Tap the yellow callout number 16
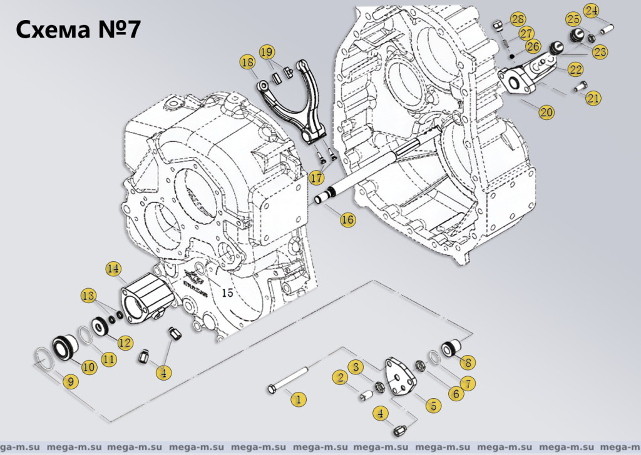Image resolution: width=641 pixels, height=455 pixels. (347, 219)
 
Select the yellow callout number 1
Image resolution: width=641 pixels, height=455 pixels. (298, 398)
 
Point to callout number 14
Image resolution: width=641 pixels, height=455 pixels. (113, 269)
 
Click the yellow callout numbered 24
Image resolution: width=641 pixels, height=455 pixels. (592, 11)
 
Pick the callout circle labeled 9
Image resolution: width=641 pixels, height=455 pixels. (69, 381)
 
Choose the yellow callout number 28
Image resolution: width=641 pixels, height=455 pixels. (518, 19)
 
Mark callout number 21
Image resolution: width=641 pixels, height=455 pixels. (593, 97)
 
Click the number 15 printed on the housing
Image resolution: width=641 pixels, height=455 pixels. (227, 292)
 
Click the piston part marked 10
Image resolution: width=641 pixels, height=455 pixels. (64, 346)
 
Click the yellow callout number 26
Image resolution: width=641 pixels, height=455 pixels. (533, 46)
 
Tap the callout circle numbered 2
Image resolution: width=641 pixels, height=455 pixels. (341, 377)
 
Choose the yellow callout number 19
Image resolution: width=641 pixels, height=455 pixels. (267, 51)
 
